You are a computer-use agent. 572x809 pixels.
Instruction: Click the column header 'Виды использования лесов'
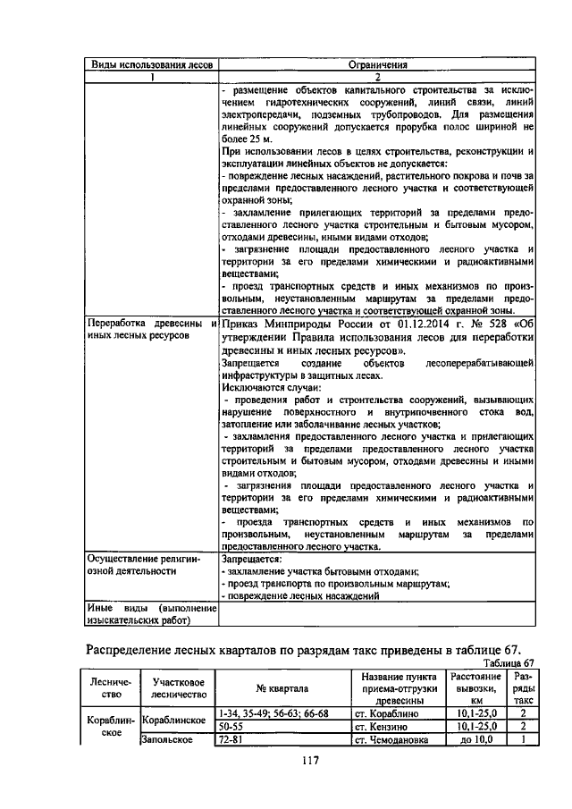click(x=151, y=64)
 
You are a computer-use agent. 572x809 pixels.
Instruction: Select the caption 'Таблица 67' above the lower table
click(x=506, y=662)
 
